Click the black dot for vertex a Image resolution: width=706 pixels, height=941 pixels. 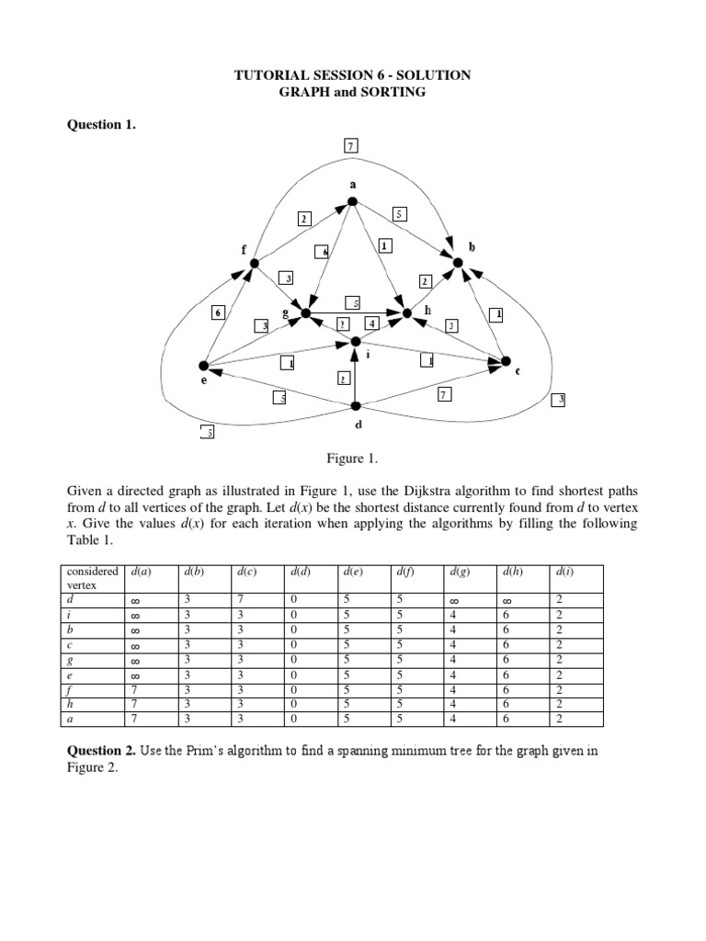coord(352,202)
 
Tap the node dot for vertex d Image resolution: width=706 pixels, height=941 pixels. coord(356,406)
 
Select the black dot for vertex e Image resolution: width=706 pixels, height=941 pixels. coord(204,366)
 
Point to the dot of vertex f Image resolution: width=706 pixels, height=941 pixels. coord(256,264)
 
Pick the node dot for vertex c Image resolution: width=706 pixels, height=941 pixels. coord(504,360)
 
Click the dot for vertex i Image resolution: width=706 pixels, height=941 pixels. coord(356,342)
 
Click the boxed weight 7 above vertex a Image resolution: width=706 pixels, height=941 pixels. coord(351,144)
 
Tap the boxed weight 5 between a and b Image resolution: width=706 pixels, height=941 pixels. coord(399,214)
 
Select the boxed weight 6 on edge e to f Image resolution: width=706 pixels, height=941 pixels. coord(218,312)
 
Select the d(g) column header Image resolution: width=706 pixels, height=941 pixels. coord(461,572)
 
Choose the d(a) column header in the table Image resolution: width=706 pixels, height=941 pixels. coord(142,572)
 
